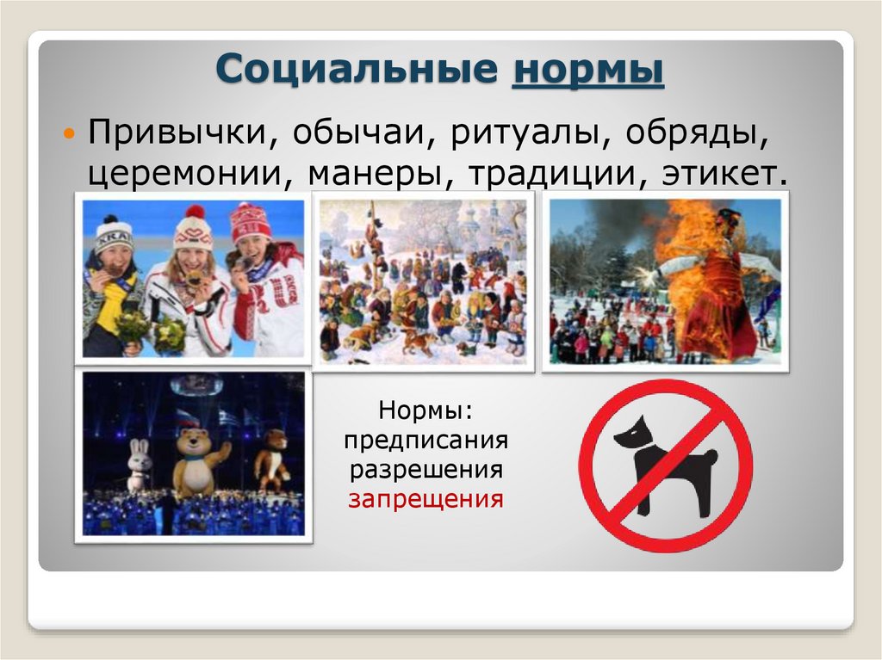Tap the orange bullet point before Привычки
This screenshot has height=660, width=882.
[71, 135]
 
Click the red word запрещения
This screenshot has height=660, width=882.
[425, 498]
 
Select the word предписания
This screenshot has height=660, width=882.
[425, 441]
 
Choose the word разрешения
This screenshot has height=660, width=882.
[425, 470]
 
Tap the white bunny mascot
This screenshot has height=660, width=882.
[140, 465]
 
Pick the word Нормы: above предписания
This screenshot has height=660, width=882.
[425, 413]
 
